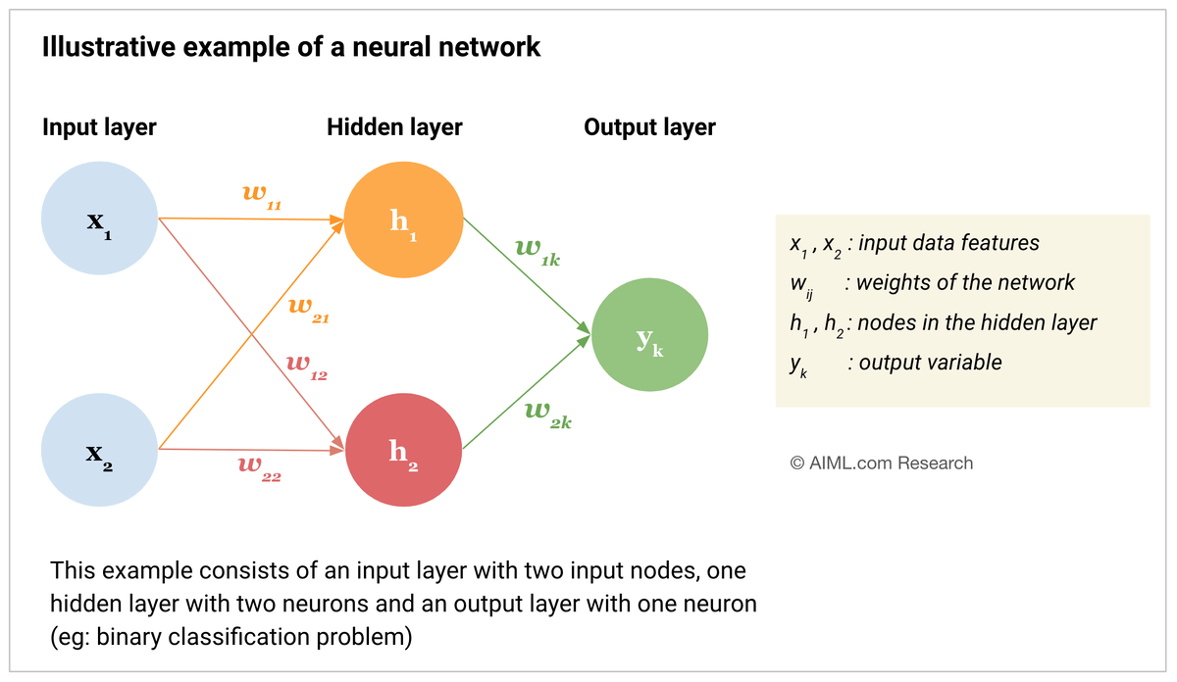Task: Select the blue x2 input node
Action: pos(99,449)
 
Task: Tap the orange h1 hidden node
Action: pos(403,220)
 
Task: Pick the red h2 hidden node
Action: pos(403,450)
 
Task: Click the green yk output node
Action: pos(649,336)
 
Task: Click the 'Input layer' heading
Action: pos(99,126)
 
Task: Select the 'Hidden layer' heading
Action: pos(394,126)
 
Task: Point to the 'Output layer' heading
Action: pos(649,126)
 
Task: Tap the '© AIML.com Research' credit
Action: pos(882,463)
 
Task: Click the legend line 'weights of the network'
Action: pos(965,283)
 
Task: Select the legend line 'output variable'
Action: pos(930,363)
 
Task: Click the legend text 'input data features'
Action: pos(948,243)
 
